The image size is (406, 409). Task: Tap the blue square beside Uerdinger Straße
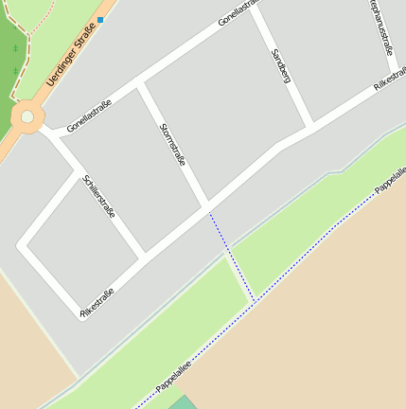[x=100, y=19]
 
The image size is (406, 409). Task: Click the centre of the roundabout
[x=27, y=117]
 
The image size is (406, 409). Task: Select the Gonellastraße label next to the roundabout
[x=90, y=116]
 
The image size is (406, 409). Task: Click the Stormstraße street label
[x=172, y=143]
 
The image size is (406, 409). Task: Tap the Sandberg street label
[x=280, y=66]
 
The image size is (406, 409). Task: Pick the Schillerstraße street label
[x=98, y=197]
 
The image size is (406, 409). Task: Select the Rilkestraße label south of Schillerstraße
[x=97, y=303]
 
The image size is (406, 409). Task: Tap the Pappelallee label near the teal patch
[x=173, y=377]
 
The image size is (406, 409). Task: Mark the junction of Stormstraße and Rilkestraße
[x=206, y=206]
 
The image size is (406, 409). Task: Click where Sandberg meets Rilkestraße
[x=310, y=127]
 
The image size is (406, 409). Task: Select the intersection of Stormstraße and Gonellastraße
[x=140, y=84]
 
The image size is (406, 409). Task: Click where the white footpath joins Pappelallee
[x=254, y=301]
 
